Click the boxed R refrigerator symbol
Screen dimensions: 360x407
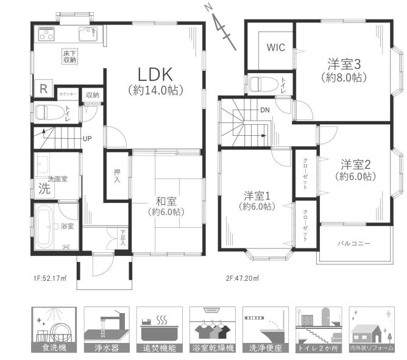pyautogui.click(x=42, y=88)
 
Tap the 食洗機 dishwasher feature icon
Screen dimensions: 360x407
pyautogui.click(x=54, y=330)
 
